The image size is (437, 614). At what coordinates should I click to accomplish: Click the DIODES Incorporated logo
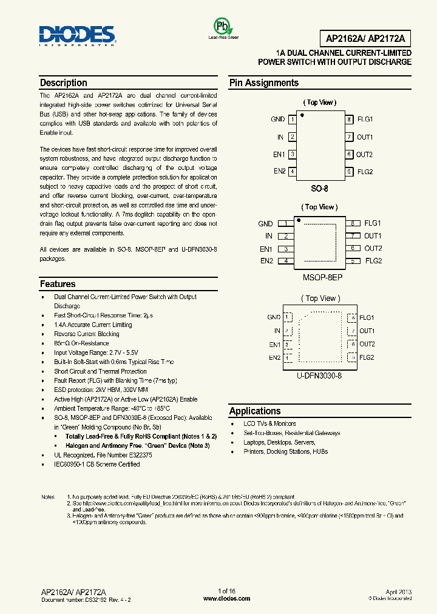pos(76,36)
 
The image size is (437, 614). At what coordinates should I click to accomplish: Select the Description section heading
pos(63,83)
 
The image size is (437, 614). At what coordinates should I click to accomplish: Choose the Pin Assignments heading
pos(263,83)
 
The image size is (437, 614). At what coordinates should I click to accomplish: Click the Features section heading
pos(58,284)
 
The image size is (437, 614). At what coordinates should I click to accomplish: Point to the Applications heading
pos(255,411)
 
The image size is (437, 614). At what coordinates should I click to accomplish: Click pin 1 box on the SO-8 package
pos(293,120)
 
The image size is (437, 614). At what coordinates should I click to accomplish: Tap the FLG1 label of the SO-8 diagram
pos(365,120)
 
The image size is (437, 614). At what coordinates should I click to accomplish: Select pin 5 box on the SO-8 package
pos(349,172)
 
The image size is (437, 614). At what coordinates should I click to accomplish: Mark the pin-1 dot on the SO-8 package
pos(302,114)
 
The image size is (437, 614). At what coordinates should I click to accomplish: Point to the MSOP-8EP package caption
pos(322,277)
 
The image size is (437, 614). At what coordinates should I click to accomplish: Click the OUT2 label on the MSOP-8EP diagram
pos(373,248)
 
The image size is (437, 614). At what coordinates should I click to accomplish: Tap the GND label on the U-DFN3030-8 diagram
pos(274,317)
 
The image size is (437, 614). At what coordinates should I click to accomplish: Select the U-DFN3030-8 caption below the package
pos(319,376)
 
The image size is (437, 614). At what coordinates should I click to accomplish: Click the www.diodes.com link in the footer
pos(226,598)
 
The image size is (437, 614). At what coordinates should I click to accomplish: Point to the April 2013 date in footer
pos(398,591)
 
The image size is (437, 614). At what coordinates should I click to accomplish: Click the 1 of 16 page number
pos(226,591)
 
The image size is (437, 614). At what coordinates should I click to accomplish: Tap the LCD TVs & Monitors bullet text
pos(269,423)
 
